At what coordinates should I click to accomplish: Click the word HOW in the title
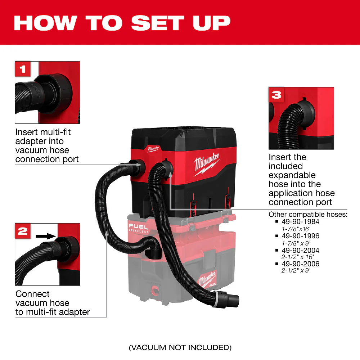coord(45,23)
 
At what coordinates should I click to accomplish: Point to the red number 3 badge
coord(276,95)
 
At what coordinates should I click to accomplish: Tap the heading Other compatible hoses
coord(308,215)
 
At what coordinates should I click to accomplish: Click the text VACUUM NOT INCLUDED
coord(180,347)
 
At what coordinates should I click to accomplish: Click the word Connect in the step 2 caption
coord(32,294)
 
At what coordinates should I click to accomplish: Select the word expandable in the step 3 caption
coord(292,175)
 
